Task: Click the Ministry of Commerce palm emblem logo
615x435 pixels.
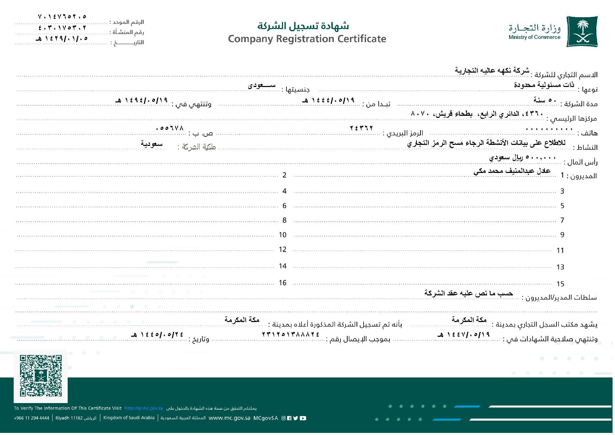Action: coord(582,32)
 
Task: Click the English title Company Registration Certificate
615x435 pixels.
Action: coord(307,39)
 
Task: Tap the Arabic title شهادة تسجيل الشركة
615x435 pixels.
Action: coord(303,26)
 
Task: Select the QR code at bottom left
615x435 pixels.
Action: coord(41,376)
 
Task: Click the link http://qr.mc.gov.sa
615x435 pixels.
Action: coord(144,408)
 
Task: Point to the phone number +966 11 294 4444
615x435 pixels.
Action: coord(32,418)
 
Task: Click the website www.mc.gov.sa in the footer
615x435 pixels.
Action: coord(229,418)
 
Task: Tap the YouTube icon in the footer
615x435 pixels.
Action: coord(303,418)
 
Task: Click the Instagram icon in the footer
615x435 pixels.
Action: coord(284,418)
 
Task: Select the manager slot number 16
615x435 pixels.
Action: coord(283,283)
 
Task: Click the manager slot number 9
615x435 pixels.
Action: coord(562,235)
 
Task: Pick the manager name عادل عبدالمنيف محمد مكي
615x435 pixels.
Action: coord(512,171)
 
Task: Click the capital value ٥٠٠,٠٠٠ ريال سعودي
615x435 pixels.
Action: coord(522,158)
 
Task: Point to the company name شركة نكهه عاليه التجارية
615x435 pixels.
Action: coord(492,71)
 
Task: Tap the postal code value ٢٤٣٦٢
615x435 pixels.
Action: coord(361,128)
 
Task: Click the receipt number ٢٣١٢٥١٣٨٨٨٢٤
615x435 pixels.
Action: coord(291,334)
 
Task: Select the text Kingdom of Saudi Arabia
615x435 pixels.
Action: coord(129,418)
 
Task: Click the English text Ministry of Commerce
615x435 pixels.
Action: coord(534,37)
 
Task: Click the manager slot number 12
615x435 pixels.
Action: coord(283,249)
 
